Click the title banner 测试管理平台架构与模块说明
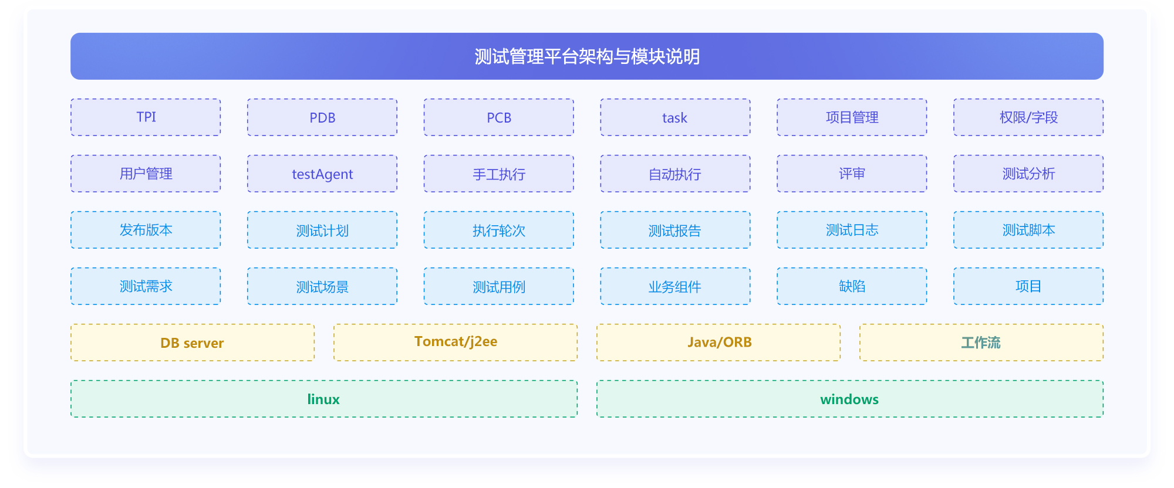587,56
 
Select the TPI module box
146,117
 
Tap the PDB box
322,117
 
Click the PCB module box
499,117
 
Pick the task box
675,117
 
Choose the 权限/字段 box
1028,117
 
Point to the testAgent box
322,174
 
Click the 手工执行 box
499,174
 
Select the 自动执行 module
675,174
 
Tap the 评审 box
852,174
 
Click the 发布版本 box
146,230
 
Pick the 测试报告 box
675,230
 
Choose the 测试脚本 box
1028,230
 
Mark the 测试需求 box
146,286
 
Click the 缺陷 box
852,286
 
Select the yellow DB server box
193,343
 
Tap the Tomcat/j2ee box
456,343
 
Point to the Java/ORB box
718,343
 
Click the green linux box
324,399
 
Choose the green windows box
850,399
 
